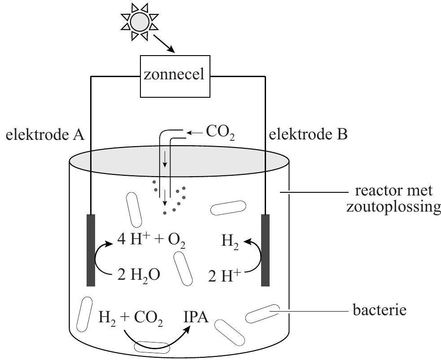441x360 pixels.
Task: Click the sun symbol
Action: pyautogui.click(x=140, y=22)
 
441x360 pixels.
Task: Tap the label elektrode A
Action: pyautogui.click(x=45, y=134)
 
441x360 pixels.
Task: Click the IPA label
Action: pyautogui.click(x=196, y=319)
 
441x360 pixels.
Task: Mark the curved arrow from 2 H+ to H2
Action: pyautogui.click(x=255, y=259)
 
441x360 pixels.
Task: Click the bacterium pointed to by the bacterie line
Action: pyautogui.click(x=263, y=314)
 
